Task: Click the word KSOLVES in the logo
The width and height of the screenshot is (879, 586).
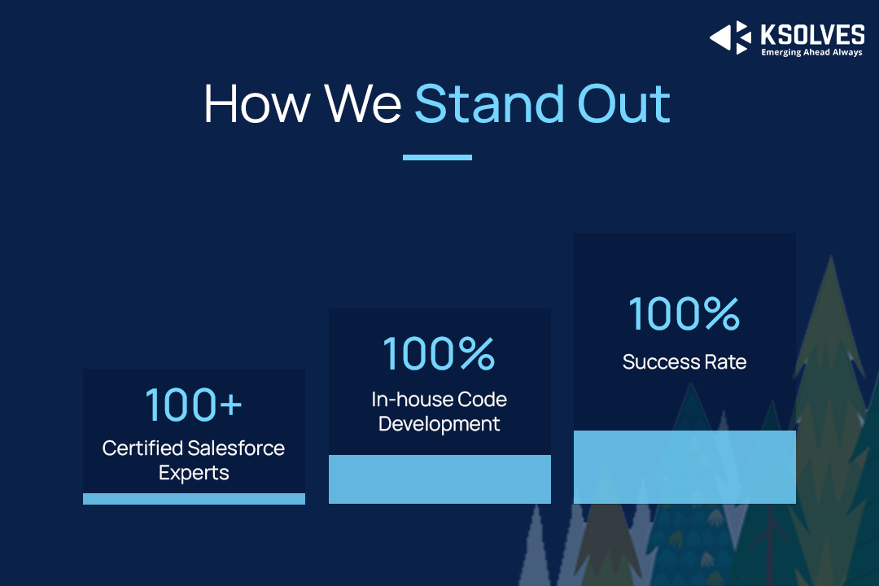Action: pos(812,35)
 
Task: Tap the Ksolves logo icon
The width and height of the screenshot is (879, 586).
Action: pos(730,37)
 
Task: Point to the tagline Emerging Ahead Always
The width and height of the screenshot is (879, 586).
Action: pos(811,52)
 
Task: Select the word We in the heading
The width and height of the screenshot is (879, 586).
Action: pos(363,103)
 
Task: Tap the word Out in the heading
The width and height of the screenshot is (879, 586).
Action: pos(624,103)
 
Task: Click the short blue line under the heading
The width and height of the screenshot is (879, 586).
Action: pos(437,158)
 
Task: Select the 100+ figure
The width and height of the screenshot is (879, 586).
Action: pos(194,405)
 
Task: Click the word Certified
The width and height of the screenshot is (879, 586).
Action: pos(142,448)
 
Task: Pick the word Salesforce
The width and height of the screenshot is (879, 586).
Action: pos(236,448)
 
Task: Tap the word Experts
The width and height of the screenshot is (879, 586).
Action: pos(194,473)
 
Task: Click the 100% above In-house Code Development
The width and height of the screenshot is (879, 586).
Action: pos(439,354)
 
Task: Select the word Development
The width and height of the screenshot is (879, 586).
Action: pos(439,424)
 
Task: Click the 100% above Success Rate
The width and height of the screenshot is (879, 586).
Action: pos(684,313)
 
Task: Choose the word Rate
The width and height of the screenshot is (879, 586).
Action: pos(725,362)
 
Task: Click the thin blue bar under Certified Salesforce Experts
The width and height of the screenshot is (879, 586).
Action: pos(194,499)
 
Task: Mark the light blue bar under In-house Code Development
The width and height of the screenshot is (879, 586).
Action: pos(439,479)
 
